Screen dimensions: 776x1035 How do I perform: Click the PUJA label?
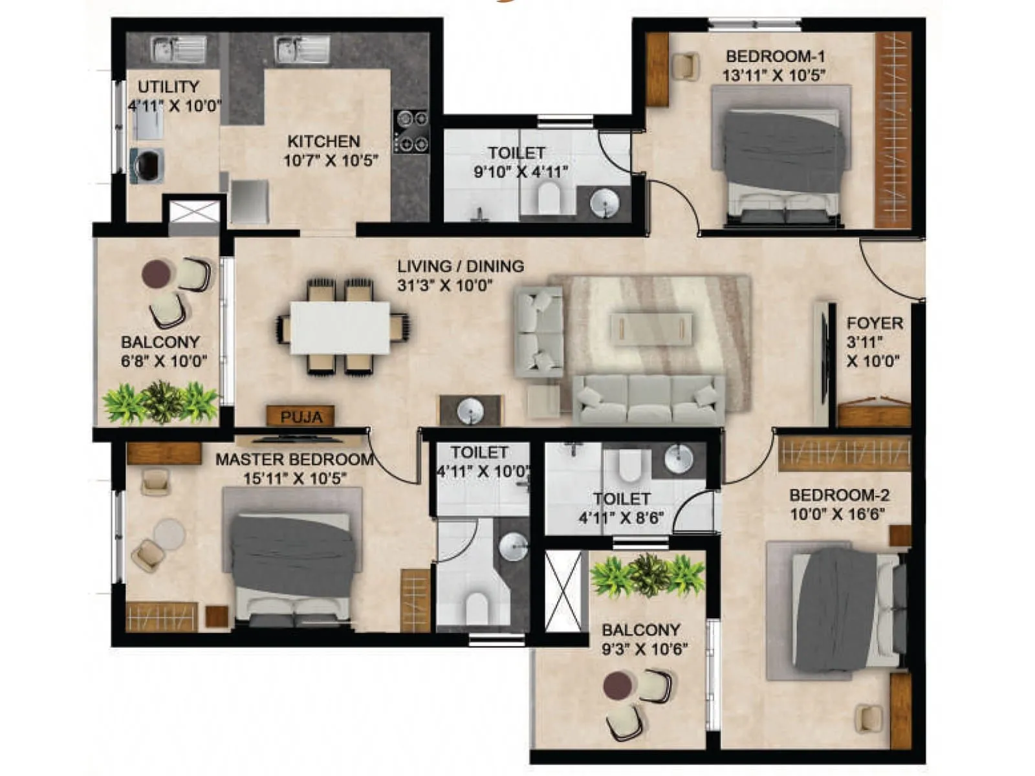(x=301, y=417)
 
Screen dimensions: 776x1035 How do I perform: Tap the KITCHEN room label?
(x=323, y=141)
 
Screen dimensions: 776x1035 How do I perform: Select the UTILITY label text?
(x=168, y=87)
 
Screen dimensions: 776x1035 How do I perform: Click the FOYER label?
(x=875, y=323)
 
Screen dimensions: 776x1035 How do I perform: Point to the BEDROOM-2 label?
(x=839, y=495)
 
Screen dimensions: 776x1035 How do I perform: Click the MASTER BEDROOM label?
(x=294, y=460)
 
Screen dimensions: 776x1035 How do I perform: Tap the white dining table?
(x=340, y=327)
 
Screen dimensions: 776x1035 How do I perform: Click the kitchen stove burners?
(x=412, y=131)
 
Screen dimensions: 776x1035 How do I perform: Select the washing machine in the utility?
(x=147, y=166)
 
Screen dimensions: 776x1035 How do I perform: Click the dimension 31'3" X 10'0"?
(x=445, y=285)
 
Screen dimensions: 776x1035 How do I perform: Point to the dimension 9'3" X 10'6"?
(x=644, y=649)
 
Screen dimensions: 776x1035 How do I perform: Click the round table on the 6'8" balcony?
(x=156, y=274)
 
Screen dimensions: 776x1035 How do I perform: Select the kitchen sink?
(x=302, y=49)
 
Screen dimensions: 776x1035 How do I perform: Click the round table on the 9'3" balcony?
(x=617, y=685)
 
